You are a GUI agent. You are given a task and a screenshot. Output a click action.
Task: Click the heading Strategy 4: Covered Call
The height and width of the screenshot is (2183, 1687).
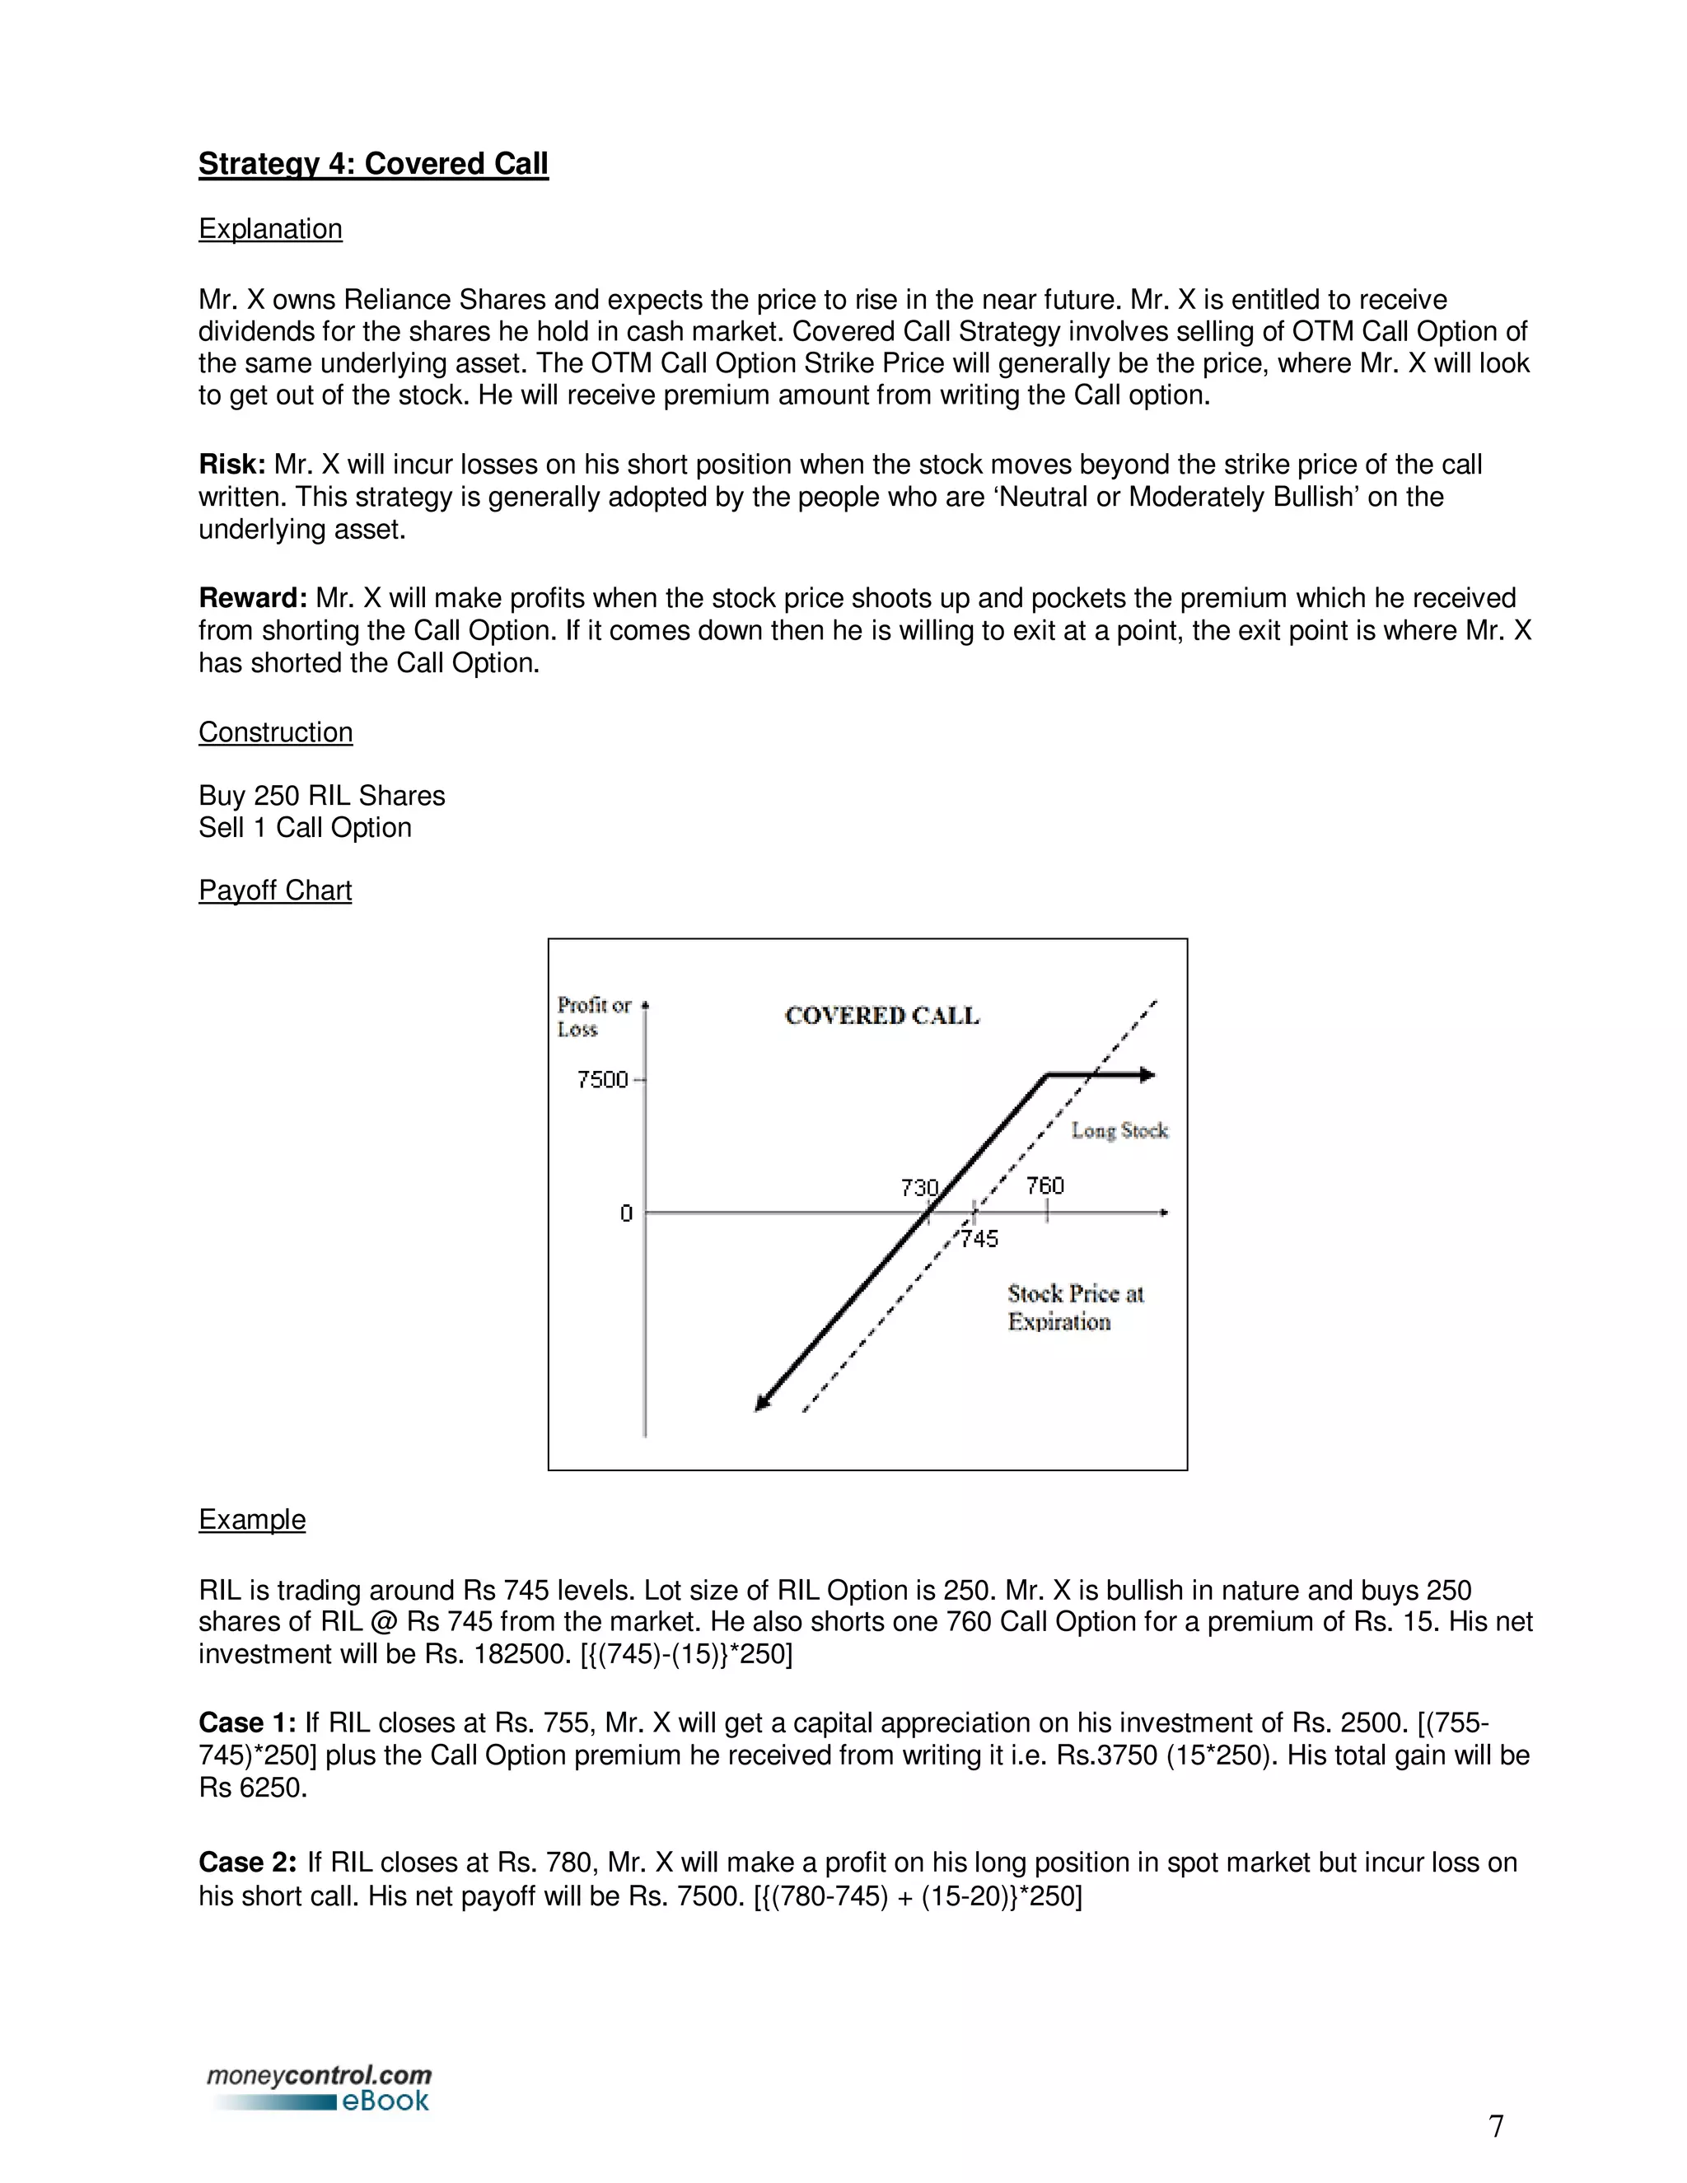point(373,164)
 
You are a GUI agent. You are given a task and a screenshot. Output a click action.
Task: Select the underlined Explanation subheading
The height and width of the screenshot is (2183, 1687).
point(270,229)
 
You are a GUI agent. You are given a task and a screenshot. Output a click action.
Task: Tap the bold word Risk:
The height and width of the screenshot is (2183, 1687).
point(231,465)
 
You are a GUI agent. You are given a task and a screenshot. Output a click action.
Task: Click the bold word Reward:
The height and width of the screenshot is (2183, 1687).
point(253,599)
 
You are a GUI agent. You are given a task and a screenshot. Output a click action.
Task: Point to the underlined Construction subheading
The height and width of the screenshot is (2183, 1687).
point(275,732)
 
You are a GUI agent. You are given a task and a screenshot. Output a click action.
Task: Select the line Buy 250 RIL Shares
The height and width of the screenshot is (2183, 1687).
point(320,796)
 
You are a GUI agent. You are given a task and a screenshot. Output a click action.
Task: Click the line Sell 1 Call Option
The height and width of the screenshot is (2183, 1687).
point(305,828)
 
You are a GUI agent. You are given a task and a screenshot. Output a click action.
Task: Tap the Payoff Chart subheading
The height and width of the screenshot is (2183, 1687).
point(275,890)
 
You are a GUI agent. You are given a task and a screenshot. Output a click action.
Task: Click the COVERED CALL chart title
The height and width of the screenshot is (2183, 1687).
point(881,1016)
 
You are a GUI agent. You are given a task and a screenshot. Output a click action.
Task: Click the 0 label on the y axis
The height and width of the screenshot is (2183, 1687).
point(626,1213)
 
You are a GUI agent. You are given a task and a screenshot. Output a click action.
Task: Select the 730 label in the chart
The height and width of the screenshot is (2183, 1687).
point(918,1187)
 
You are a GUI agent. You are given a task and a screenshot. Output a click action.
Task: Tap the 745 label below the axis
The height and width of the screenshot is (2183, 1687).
point(979,1240)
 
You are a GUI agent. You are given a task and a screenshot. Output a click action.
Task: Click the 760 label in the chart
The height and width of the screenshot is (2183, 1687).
point(1044,1185)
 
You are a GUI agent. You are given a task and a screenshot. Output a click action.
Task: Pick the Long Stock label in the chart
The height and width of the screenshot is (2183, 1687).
point(1119,1130)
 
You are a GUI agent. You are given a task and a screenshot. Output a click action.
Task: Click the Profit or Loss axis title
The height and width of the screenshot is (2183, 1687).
point(594,1017)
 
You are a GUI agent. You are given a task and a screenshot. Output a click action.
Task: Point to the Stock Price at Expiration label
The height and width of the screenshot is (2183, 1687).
point(1074,1307)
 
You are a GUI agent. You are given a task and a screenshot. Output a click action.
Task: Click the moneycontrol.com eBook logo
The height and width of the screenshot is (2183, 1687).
point(320,2088)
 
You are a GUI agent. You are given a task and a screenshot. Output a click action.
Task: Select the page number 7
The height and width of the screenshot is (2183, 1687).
point(1495,2126)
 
